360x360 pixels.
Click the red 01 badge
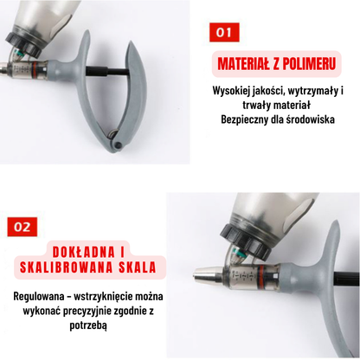(x=225, y=33)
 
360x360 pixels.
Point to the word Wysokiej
(x=234, y=90)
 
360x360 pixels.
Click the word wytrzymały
(x=305, y=90)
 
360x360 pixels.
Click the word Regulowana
(x=41, y=297)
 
